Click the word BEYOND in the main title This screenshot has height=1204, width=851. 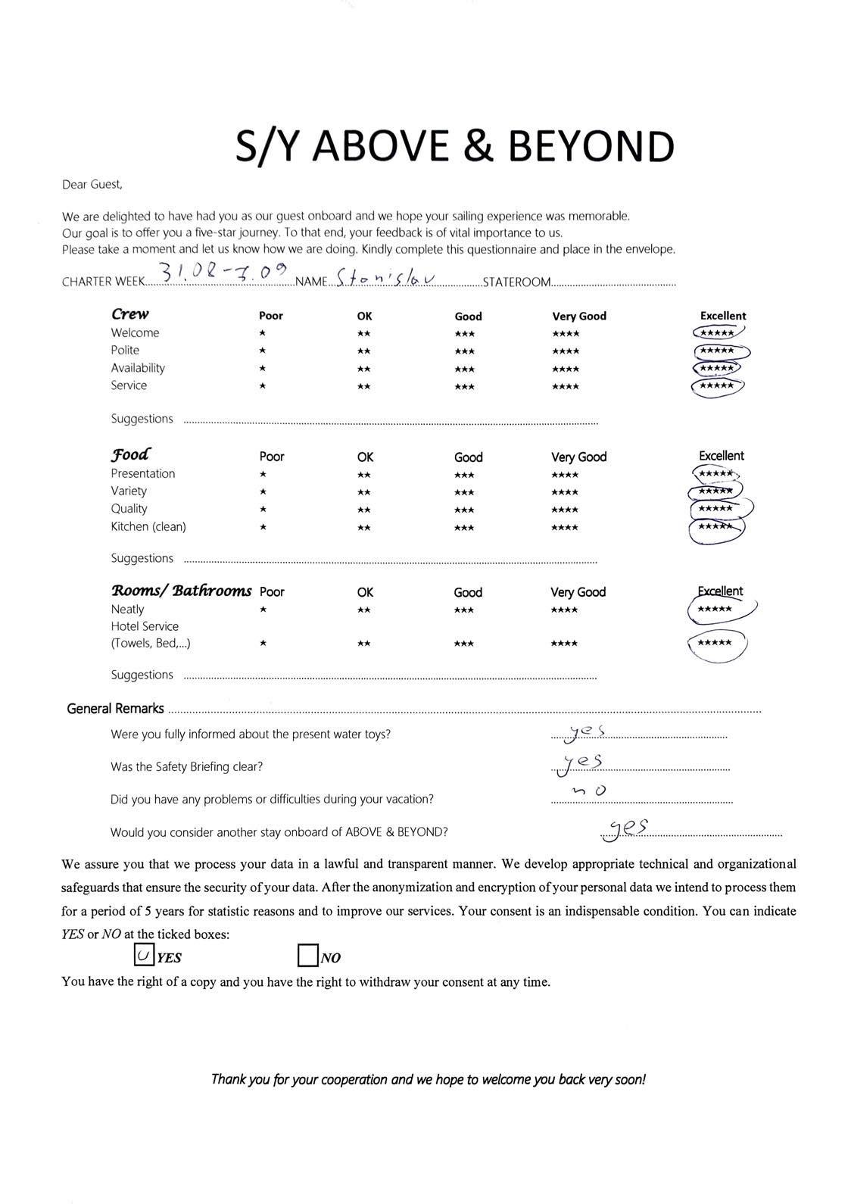point(591,147)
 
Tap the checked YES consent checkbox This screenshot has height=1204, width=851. point(144,956)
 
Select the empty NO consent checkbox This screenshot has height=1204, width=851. point(308,956)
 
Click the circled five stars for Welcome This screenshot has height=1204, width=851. point(717,332)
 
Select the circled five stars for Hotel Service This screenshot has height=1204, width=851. point(715,644)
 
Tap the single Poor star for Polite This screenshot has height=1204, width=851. point(262,351)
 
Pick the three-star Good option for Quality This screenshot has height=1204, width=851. point(464,510)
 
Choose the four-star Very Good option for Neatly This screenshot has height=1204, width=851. point(564,610)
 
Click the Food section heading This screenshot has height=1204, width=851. point(130,454)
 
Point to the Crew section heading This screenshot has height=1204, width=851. point(130,314)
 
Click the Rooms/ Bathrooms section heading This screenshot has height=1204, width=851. point(181,591)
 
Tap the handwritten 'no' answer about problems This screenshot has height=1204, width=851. point(591,791)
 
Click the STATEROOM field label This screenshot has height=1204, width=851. point(516,282)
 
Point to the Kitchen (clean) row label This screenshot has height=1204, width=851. point(148,526)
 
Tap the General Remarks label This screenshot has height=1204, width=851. point(115,709)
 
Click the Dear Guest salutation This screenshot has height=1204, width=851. point(92,184)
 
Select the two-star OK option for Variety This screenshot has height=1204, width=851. point(364,492)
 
